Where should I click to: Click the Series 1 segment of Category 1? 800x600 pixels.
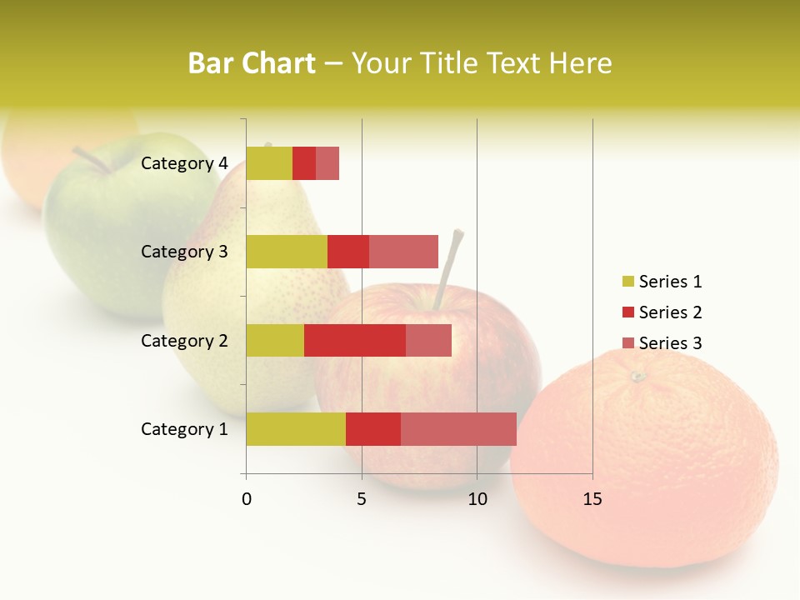click(296, 428)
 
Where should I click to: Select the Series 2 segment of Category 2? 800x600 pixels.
click(355, 340)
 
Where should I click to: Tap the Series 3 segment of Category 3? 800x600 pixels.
click(403, 252)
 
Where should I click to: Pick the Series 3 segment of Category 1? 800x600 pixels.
click(458, 428)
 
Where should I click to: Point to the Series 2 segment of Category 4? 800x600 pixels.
click(304, 163)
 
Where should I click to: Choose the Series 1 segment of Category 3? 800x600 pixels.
click(287, 252)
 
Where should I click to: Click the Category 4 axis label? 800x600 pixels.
click(184, 163)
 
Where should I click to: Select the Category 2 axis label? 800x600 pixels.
click(184, 340)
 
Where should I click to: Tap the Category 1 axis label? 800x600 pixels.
click(184, 429)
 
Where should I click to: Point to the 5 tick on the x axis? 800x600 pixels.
click(362, 499)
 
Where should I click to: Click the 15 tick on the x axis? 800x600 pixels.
click(592, 499)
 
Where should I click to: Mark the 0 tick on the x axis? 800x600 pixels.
click(247, 499)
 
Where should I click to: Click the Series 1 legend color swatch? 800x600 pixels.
click(628, 282)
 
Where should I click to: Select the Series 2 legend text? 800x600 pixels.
click(671, 312)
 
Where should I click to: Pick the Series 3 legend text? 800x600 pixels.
click(671, 343)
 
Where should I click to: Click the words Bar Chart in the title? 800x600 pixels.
click(252, 63)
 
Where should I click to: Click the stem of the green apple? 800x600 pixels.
click(92, 161)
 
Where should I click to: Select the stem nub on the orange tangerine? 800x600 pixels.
click(637, 377)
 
